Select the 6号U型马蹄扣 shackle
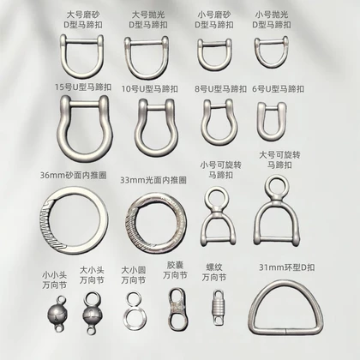[x=260, y=123]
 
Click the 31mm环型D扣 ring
[x=285, y=331]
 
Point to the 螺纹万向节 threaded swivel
[x=219, y=308]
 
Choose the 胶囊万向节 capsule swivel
[x=177, y=309]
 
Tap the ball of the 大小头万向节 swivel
[x=92, y=315]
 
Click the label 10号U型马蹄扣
[x=150, y=88]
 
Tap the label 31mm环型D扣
[x=287, y=267]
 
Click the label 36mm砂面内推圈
[x=74, y=175]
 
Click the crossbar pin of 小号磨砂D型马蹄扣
[x=214, y=45]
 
